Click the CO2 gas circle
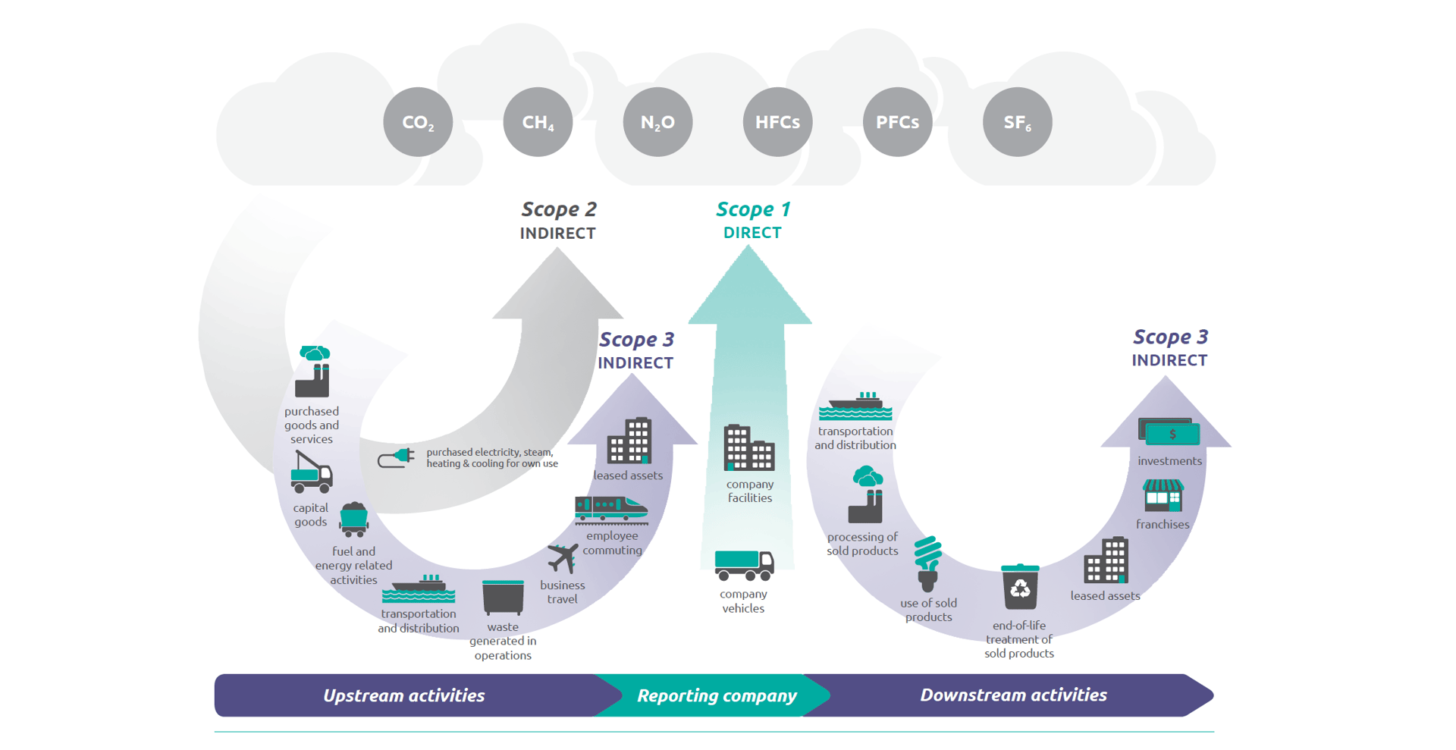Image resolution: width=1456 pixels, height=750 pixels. (418, 122)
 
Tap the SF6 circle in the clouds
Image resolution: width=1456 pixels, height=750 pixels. (1017, 122)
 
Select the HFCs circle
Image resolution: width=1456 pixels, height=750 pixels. (777, 122)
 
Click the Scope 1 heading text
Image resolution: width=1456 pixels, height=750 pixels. (753, 209)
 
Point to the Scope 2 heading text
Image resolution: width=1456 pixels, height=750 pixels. (559, 209)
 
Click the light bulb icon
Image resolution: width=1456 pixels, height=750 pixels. (927, 563)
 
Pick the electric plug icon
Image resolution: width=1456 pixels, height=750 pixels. (396, 457)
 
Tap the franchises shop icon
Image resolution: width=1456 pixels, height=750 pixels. (1163, 495)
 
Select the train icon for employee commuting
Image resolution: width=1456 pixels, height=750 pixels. (610, 509)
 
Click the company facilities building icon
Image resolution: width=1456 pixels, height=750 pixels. (748, 448)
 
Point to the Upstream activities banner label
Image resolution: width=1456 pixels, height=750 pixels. (403, 695)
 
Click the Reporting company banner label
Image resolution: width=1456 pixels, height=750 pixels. (717, 695)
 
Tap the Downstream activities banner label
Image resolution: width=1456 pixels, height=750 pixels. (1013, 695)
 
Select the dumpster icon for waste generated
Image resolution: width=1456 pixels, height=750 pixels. (503, 598)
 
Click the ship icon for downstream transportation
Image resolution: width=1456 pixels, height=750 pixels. (855, 406)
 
